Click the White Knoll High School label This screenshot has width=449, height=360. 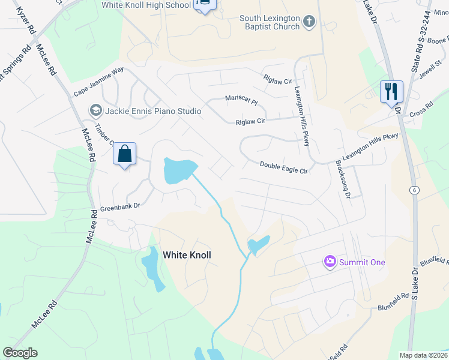click(154, 5)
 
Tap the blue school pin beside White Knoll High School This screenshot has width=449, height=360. click(205, 5)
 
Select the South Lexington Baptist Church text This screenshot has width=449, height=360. click(270, 22)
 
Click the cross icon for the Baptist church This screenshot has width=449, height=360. click(309, 23)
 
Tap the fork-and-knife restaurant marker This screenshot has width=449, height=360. click(391, 92)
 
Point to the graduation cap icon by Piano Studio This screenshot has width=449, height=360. click(95, 110)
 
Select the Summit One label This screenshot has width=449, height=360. click(362, 262)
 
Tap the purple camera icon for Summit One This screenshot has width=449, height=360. click(330, 262)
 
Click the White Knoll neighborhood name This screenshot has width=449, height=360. click(187, 255)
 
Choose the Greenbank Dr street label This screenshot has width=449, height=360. click(120, 206)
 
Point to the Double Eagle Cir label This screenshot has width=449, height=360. click(283, 167)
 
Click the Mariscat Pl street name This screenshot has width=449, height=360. click(241, 100)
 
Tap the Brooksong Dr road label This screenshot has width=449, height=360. click(343, 175)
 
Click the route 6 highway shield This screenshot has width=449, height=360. click(414, 190)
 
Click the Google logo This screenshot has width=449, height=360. click(20, 353)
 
